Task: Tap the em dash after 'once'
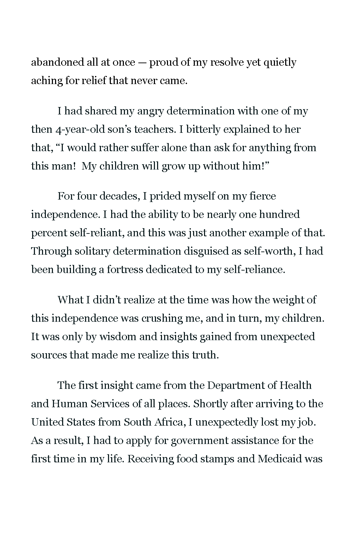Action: click(142, 63)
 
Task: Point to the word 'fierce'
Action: click(263, 196)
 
